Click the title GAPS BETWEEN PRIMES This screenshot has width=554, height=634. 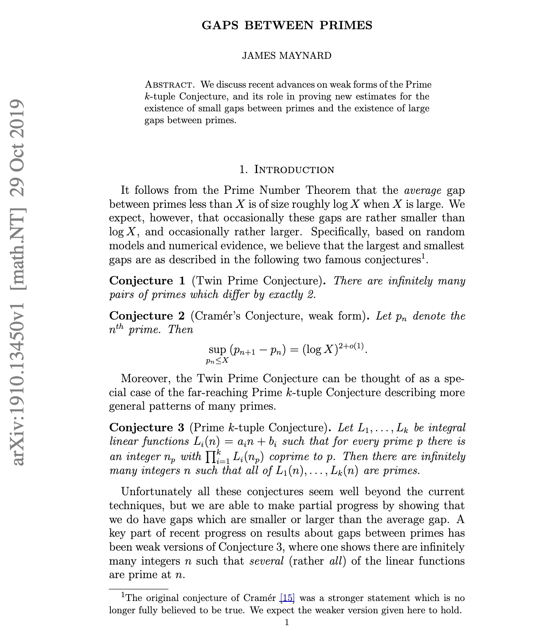(x=287, y=25)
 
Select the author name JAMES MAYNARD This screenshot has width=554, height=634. (x=287, y=56)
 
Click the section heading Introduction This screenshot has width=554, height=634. (x=294, y=170)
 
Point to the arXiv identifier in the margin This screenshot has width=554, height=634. (x=18, y=281)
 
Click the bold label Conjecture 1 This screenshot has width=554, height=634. (x=147, y=281)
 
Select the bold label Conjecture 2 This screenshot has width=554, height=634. (x=147, y=316)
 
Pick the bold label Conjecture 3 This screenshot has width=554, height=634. (x=147, y=427)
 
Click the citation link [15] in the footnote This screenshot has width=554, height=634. (x=287, y=598)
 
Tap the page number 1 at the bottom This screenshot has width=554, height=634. (x=287, y=622)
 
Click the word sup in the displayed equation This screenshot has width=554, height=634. (x=217, y=350)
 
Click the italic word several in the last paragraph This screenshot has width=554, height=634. (x=266, y=561)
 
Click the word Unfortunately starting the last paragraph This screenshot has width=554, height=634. (x=156, y=492)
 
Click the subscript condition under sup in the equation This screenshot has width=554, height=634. (x=217, y=361)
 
